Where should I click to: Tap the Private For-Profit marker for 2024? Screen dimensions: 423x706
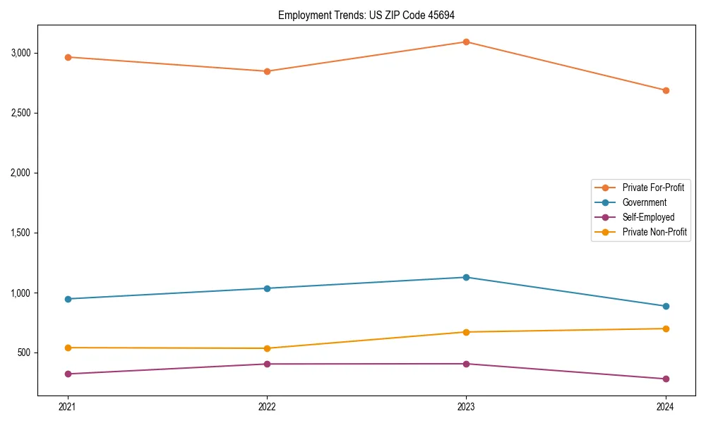pyautogui.click(x=666, y=90)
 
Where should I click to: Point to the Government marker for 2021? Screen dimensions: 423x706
pyautogui.click(x=68, y=299)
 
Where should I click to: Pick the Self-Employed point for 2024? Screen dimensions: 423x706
pyautogui.click(x=666, y=379)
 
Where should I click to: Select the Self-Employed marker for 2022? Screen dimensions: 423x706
pyautogui.click(x=267, y=364)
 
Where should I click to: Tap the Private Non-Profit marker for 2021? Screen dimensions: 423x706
pyautogui.click(x=68, y=348)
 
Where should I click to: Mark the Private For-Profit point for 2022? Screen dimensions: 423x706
pyautogui.click(x=267, y=71)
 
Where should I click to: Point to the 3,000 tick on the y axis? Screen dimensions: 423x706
pyautogui.click(x=20, y=53)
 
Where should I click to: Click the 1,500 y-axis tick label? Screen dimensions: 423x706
pyautogui.click(x=20, y=233)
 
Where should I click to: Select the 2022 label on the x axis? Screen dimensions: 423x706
pyautogui.click(x=267, y=407)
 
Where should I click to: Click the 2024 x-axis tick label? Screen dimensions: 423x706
pyautogui.click(x=666, y=407)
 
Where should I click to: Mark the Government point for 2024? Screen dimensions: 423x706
pyautogui.click(x=666, y=306)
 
